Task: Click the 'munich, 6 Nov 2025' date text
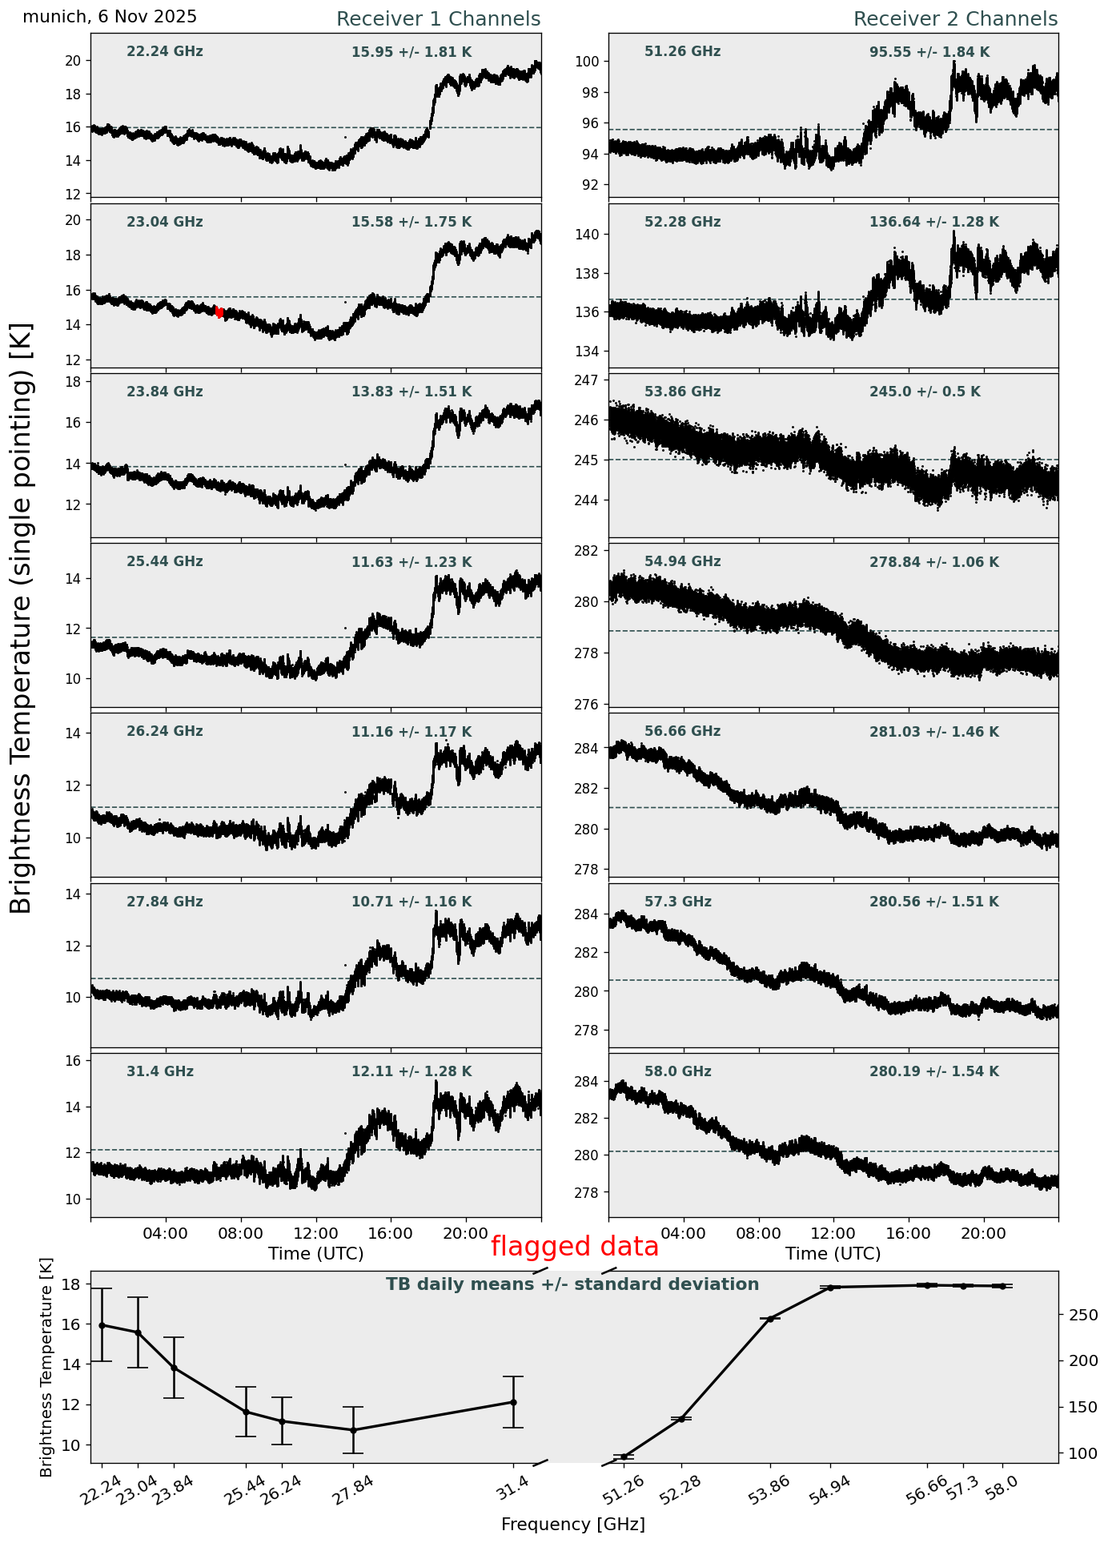(110, 17)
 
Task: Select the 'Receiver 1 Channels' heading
(438, 19)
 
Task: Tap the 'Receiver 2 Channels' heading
(955, 19)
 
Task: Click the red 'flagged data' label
(574, 1247)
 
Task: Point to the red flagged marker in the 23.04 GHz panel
(219, 312)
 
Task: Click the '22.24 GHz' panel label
(165, 52)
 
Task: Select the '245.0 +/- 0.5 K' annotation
(925, 392)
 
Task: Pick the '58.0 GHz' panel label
(677, 1071)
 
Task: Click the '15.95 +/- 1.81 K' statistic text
(411, 52)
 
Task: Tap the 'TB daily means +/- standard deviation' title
(572, 1284)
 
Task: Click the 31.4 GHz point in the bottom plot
(513, 1402)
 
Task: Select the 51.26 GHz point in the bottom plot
(624, 1457)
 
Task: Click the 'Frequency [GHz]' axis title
(572, 1524)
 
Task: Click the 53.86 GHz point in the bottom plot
(770, 1319)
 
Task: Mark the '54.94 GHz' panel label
(682, 561)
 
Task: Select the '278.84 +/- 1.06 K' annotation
(933, 562)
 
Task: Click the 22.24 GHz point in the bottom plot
(102, 1325)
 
